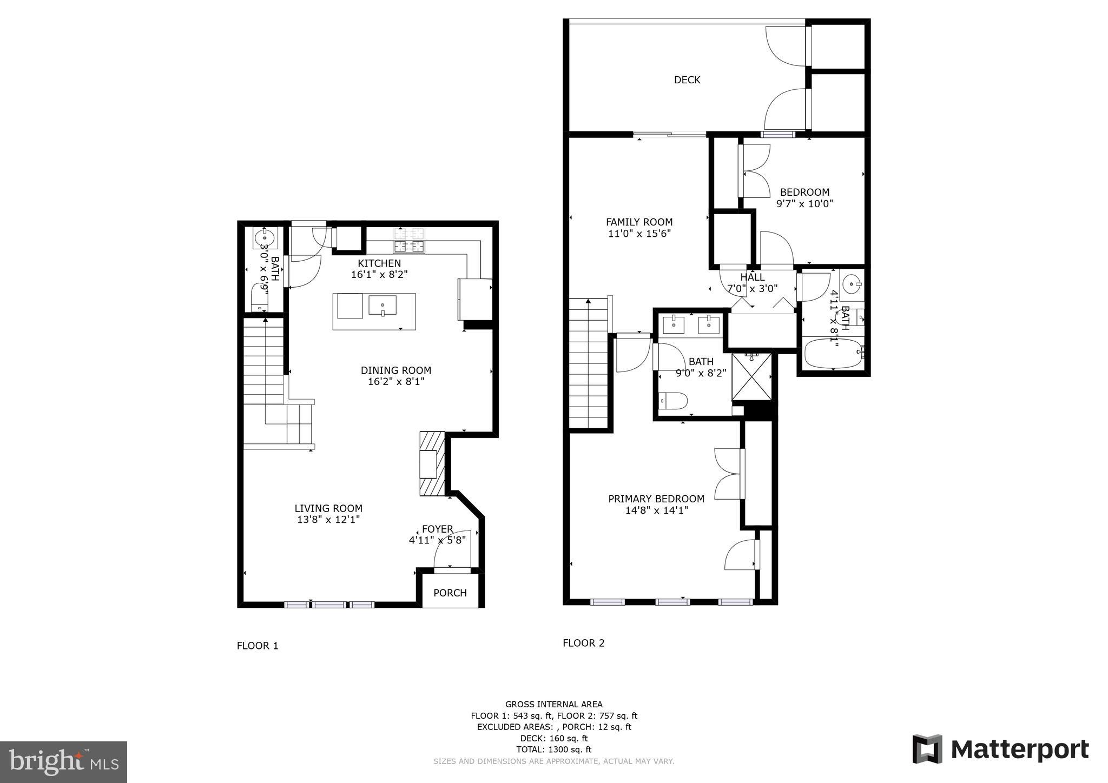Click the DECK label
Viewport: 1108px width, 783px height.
coord(687,80)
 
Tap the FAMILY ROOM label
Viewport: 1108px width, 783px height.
coord(639,222)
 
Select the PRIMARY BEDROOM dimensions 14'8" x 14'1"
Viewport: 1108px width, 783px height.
coord(656,510)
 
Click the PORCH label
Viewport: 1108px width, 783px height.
coord(450,593)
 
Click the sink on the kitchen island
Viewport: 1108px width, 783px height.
coord(382,306)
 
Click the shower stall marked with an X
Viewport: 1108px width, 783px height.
coord(752,377)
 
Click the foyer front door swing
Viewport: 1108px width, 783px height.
coord(452,550)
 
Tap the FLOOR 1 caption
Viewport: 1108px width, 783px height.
coord(258,646)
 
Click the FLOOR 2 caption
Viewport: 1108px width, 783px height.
coord(583,643)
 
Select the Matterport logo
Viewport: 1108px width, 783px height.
coord(1000,749)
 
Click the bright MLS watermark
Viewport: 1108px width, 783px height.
coord(63,762)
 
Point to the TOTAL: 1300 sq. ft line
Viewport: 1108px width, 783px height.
coord(553,749)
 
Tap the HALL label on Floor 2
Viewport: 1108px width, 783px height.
coord(753,277)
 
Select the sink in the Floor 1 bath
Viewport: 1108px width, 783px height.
coord(265,237)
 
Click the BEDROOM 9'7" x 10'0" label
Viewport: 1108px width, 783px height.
coord(804,197)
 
